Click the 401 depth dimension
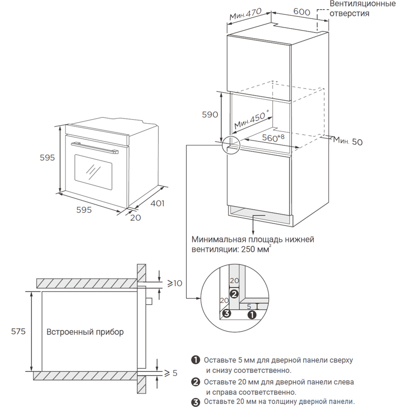tap(157, 202)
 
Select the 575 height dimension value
tap(18, 331)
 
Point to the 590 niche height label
tap(210, 114)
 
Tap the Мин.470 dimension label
tap(245, 16)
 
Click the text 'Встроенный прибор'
tap(85, 332)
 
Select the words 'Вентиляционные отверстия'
tap(362, 9)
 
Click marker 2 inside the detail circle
tap(234, 294)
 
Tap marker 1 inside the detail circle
tap(251, 314)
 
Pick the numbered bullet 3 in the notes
tap(195, 402)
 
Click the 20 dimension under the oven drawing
tap(135, 217)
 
